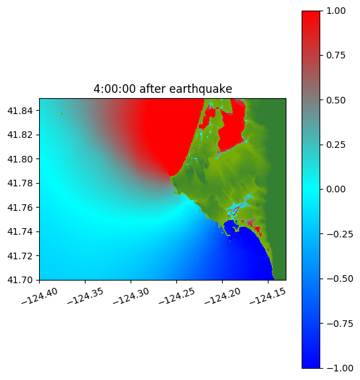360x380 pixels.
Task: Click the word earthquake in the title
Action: (201, 89)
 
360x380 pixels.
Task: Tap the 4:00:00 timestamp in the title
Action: (115, 89)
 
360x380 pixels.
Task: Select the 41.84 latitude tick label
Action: (20, 111)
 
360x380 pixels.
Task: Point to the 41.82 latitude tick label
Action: (20, 135)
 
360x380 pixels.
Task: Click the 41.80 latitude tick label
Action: (20, 159)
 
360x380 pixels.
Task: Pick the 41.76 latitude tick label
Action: (20, 208)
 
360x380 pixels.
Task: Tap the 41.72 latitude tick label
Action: (20, 256)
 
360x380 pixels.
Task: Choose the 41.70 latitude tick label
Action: (20, 280)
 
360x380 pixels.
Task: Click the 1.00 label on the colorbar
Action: (335, 11)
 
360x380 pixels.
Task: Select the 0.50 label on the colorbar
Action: (335, 100)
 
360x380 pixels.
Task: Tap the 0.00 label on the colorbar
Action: (335, 190)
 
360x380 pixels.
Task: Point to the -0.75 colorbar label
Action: (339, 324)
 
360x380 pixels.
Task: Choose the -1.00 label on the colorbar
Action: (339, 368)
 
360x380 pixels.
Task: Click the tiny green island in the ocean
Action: (62, 113)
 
